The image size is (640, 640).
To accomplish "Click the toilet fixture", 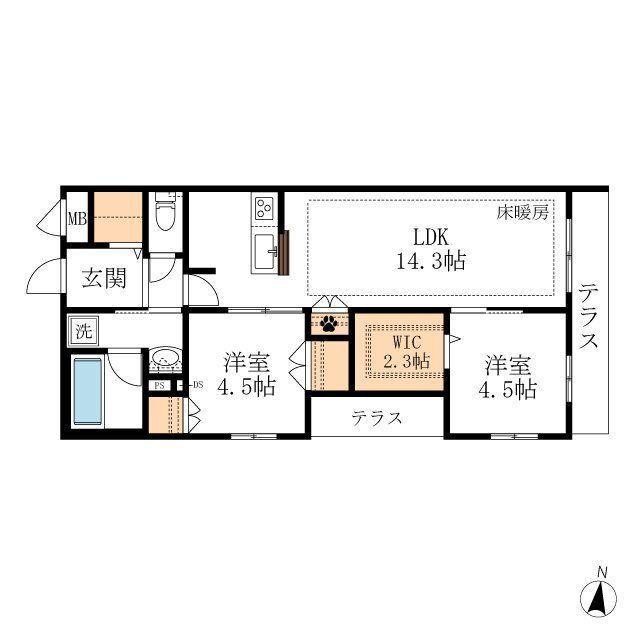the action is [x=165, y=212].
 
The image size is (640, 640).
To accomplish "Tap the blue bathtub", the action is [x=87, y=391].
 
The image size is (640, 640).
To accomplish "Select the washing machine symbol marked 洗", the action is [x=84, y=331].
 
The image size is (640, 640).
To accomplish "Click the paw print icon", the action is [x=329, y=324].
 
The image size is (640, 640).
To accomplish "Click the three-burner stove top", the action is [x=264, y=208].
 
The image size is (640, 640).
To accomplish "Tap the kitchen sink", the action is [x=265, y=251].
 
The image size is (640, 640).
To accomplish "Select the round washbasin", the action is [x=164, y=359].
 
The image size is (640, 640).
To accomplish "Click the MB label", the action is [x=77, y=219].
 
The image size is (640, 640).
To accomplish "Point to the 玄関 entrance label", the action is [x=104, y=278].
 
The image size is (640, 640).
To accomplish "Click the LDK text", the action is [x=431, y=237].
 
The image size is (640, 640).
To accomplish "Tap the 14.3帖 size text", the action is [x=431, y=261].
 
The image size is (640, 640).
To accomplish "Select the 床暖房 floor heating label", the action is [x=522, y=213].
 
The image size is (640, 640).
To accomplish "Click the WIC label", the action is [x=407, y=342].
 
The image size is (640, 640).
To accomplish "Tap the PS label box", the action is [x=159, y=385].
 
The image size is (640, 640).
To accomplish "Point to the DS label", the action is [x=198, y=384].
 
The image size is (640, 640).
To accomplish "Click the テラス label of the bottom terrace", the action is [x=377, y=418].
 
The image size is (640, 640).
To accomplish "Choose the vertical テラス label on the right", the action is [x=589, y=317].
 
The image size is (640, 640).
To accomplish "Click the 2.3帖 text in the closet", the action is [x=407, y=361].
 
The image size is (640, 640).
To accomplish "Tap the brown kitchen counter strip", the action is [x=284, y=253].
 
